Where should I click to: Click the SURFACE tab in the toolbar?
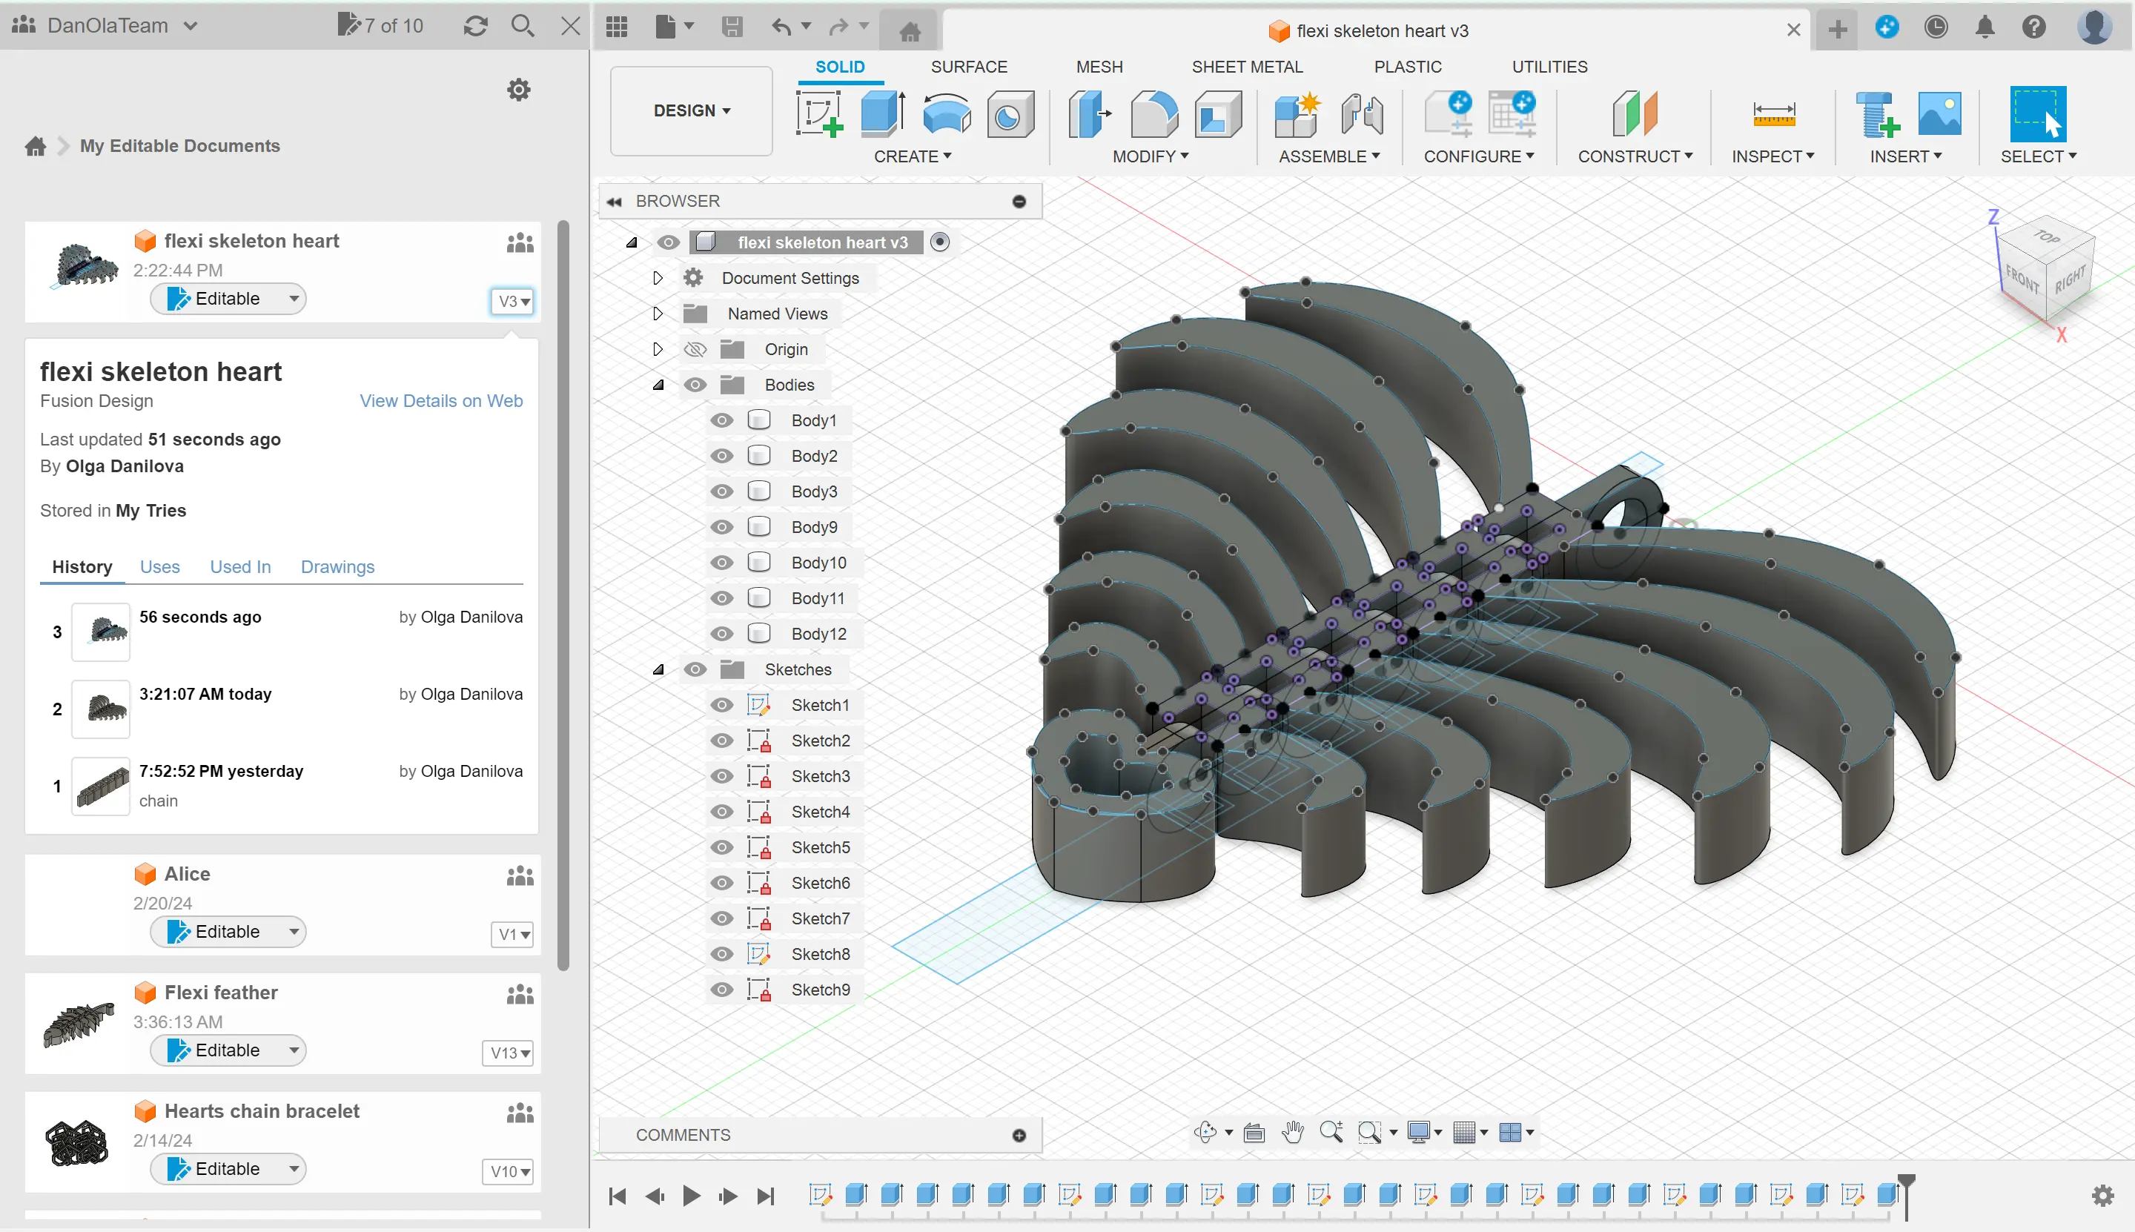pyautogui.click(x=969, y=67)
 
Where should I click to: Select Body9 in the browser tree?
pyautogui.click(x=814, y=527)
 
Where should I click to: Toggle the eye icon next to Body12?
pyautogui.click(x=721, y=634)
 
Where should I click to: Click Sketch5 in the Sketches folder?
pyautogui.click(x=820, y=848)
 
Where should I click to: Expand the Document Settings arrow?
pyautogui.click(x=658, y=279)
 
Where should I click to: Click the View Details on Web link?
pyautogui.click(x=441, y=401)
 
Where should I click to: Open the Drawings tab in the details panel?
pyautogui.click(x=337, y=567)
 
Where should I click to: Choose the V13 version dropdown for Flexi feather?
pyautogui.click(x=511, y=1053)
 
